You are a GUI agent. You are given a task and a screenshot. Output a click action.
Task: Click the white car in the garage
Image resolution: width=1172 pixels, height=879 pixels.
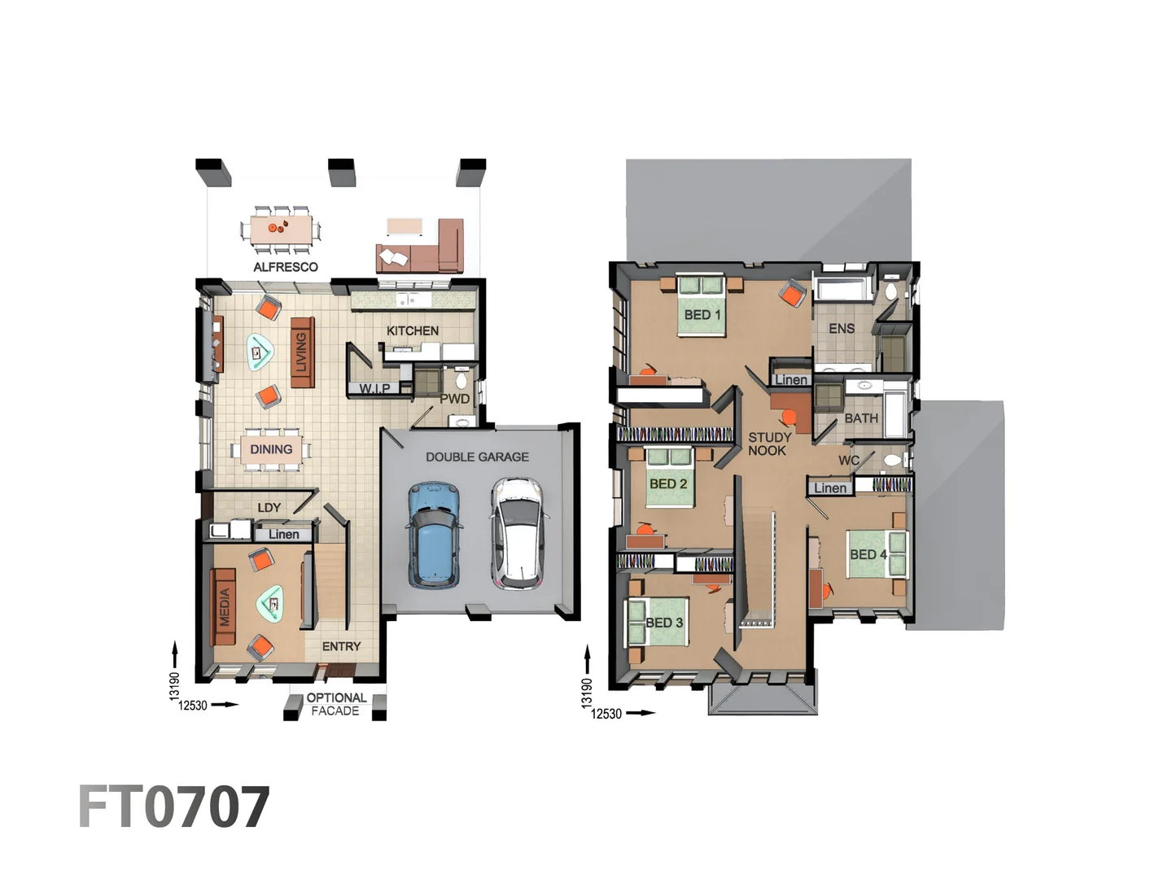[x=516, y=534]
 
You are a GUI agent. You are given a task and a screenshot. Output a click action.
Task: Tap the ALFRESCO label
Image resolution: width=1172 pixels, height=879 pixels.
[x=286, y=267]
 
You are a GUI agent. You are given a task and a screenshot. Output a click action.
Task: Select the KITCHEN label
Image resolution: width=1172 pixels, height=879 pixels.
[x=413, y=330]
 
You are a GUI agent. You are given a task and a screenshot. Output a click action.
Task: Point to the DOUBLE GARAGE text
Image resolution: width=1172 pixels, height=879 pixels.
[x=477, y=457]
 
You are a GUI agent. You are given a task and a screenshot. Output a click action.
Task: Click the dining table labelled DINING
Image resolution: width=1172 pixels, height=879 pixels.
[x=271, y=449]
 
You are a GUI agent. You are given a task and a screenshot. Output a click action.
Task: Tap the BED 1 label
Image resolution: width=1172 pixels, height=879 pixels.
[x=702, y=314]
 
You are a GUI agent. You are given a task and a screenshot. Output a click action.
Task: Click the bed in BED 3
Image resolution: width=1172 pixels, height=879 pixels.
[x=659, y=622]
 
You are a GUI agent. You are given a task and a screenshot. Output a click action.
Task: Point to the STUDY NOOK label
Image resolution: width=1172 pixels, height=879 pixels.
[x=769, y=444]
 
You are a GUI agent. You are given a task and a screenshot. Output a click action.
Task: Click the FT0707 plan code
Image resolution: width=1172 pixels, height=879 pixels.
[x=173, y=807]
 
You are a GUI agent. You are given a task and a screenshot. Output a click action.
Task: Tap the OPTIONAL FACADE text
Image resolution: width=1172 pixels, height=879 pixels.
[x=335, y=704]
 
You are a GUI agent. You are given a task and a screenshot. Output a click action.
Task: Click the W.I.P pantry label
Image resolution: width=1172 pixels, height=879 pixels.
[x=374, y=388]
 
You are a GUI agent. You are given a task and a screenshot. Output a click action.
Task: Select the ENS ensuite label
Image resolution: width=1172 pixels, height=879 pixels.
[x=842, y=329]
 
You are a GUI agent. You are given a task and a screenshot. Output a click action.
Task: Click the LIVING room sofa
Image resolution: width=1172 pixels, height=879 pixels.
[x=302, y=352]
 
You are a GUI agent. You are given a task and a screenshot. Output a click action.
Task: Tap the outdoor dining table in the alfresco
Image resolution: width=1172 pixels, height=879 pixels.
[x=281, y=228]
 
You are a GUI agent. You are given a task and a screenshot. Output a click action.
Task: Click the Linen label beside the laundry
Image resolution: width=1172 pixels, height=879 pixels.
[x=284, y=534]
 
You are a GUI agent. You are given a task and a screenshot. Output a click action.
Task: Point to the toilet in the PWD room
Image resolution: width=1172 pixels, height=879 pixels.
[x=461, y=380]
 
